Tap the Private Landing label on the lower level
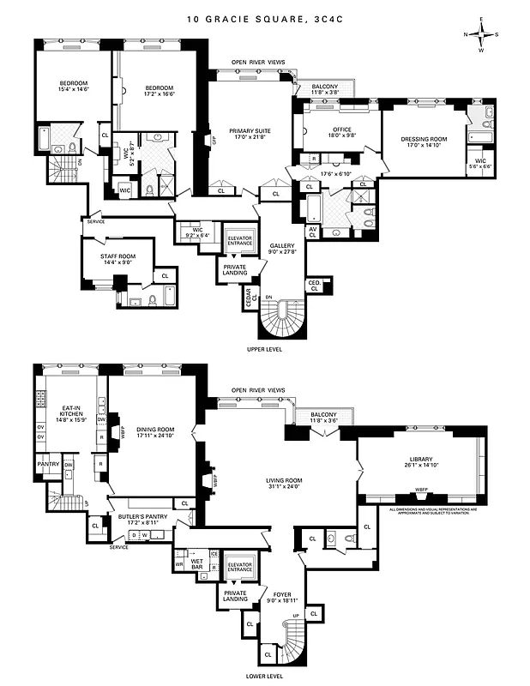click(235, 597)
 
